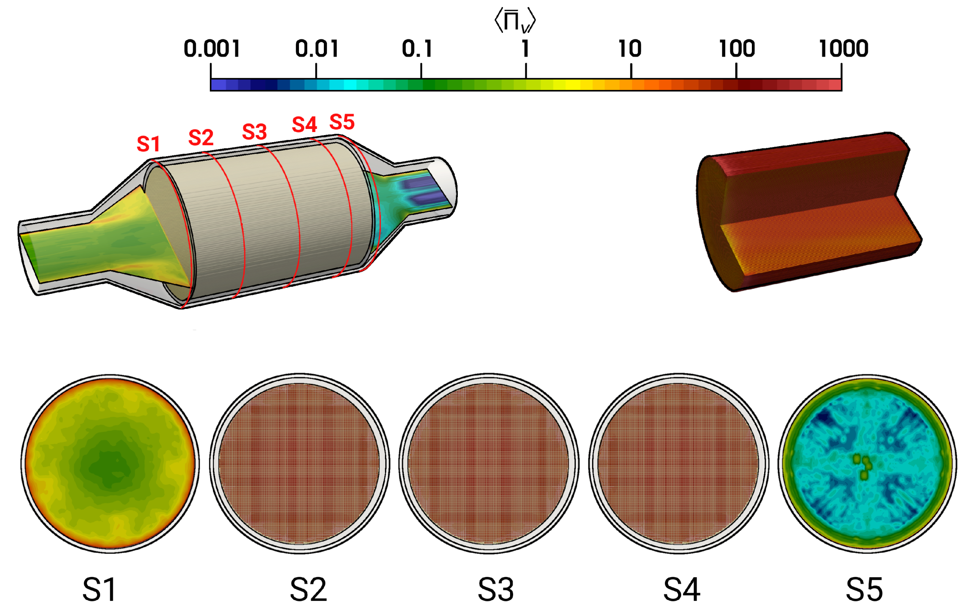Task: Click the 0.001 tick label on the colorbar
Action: (x=212, y=48)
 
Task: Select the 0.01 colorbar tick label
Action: (x=317, y=48)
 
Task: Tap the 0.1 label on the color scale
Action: (x=417, y=48)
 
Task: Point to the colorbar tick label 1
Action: (x=525, y=48)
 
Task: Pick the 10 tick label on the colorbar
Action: (x=630, y=48)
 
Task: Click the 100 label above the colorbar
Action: (x=737, y=48)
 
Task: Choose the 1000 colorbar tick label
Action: (x=844, y=48)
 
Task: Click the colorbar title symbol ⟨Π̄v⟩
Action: (x=515, y=20)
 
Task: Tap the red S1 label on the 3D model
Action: (x=148, y=144)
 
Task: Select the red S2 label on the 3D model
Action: (x=201, y=138)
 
